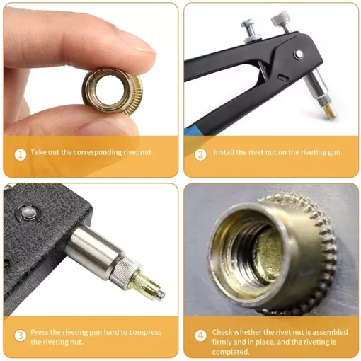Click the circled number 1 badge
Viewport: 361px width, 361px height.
tap(21, 155)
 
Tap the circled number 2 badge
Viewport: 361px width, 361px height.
tap(200, 155)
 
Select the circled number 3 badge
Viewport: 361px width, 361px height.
tap(21, 336)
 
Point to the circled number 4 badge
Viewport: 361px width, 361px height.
tap(200, 336)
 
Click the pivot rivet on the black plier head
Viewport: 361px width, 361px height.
tap(299, 55)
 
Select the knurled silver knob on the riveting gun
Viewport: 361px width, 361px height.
tap(279, 20)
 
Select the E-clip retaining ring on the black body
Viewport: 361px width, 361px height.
tap(28, 213)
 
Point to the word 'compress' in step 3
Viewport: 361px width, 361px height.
tap(145, 333)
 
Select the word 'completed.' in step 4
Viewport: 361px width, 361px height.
tap(231, 352)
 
